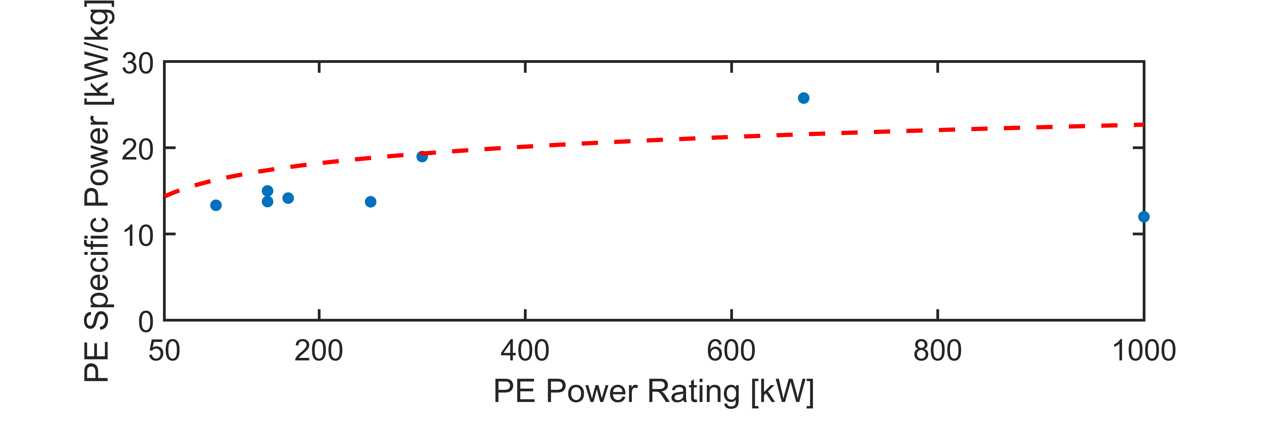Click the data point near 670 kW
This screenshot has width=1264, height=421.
coord(803,98)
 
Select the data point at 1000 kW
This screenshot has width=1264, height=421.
coord(1143,217)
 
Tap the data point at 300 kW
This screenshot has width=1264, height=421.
coord(422,156)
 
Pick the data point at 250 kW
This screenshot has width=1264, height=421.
coord(371,201)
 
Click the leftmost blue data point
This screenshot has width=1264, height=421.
coord(216,205)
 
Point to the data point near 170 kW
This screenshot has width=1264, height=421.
coord(288,198)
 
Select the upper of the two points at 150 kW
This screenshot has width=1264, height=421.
coord(268,191)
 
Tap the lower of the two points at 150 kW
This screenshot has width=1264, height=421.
coord(268,201)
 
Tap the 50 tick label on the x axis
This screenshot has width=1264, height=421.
coord(164,351)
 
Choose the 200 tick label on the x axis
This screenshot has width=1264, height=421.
coord(319,351)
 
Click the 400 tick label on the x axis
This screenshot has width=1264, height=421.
coord(525,351)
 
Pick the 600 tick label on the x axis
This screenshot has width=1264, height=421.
coord(731,351)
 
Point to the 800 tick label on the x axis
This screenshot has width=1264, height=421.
coord(937,351)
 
